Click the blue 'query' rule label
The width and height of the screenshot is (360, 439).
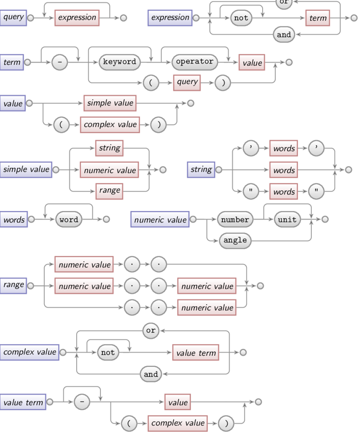[13, 18]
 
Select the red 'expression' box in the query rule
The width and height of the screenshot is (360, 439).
[77, 18]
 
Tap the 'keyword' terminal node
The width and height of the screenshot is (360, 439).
[120, 62]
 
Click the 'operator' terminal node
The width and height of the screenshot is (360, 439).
[195, 62]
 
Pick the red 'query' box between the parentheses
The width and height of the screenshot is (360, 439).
[187, 82]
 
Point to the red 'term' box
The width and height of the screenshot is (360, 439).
[318, 18]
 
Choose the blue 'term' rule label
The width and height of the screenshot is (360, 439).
[12, 62]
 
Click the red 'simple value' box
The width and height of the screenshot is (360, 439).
[110, 103]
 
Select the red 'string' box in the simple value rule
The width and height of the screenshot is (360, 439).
[109, 148]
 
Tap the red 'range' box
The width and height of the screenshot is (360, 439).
[109, 190]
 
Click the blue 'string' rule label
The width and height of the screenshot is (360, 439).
[201, 170]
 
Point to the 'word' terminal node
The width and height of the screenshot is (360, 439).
[69, 219]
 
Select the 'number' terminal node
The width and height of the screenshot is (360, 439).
[235, 219]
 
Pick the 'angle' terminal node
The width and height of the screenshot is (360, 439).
[235, 240]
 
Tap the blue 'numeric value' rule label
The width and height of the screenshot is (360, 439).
[160, 219]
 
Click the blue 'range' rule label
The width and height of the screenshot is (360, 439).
[13, 285]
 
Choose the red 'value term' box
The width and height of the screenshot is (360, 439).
[196, 353]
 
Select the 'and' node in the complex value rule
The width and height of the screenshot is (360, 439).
[151, 374]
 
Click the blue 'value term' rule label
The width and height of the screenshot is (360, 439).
[23, 402]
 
